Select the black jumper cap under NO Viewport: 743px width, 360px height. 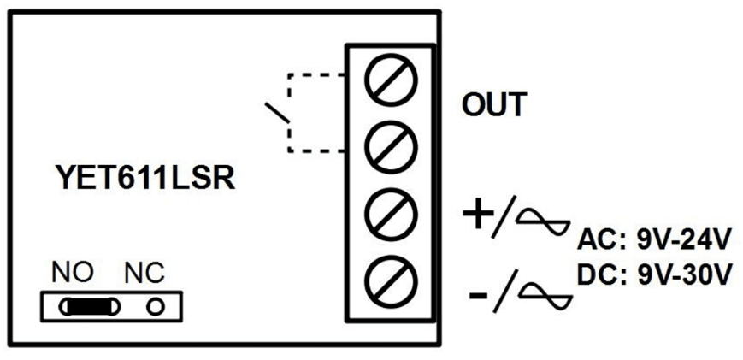pos(88,305)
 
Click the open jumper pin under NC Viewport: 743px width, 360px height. pos(156,305)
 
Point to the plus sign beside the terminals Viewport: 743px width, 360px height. pos(478,215)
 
